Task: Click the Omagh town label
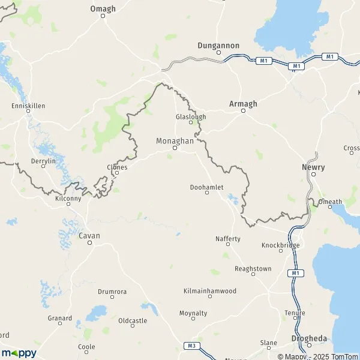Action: (102, 9)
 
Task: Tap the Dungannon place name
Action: (218, 46)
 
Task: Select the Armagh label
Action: (243, 104)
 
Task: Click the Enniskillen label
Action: (28, 106)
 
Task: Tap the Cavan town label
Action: (89, 236)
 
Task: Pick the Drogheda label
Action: (309, 338)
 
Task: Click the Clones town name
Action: (116, 167)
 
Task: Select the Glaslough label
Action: (191, 116)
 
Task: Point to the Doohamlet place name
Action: (206, 187)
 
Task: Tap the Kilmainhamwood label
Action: (210, 291)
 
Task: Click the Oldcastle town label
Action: (133, 321)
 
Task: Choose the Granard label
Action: (60, 318)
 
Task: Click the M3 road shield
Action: (191, 346)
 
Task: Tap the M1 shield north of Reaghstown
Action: (294, 273)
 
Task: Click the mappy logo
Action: (19, 353)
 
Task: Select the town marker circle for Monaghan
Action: (175, 148)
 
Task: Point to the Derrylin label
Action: (43, 161)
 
